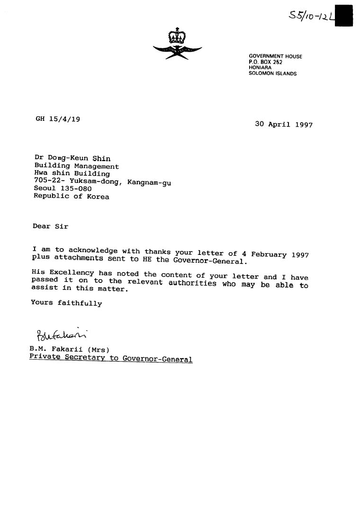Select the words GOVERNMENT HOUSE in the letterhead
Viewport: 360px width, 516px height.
(275, 56)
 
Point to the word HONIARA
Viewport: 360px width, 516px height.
(260, 68)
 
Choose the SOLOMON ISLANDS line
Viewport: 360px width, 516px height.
(272, 73)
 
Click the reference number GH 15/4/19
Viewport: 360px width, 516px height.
(58, 119)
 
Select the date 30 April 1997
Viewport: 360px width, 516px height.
(283, 125)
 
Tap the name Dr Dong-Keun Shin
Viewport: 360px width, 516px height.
(72, 158)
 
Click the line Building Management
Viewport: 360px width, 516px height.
(76, 166)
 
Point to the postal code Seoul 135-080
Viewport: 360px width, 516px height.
(59, 189)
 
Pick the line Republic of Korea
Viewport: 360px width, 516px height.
(71, 196)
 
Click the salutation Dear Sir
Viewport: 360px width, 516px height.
(50, 226)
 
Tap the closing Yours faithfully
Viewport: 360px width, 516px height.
(66, 303)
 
